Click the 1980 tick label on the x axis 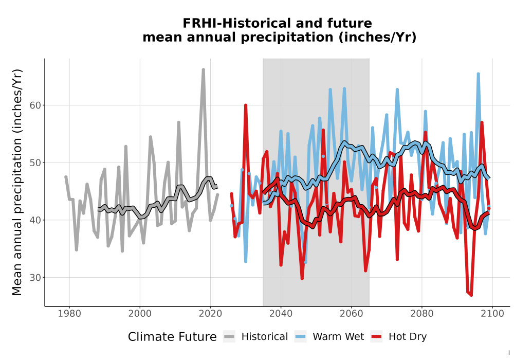point(69,314)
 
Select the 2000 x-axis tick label point(140,314)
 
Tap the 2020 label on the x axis point(210,314)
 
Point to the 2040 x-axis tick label point(281,314)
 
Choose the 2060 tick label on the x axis point(352,314)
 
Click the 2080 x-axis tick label point(422,314)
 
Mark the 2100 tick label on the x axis point(492,314)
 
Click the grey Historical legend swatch point(229,337)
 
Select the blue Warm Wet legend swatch point(300,337)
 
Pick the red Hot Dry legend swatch point(377,337)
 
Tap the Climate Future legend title point(172,337)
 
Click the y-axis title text point(17,182)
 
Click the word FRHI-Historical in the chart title point(237,23)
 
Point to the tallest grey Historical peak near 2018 point(203,70)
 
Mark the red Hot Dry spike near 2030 point(246,105)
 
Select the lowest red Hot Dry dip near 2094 point(471,295)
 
